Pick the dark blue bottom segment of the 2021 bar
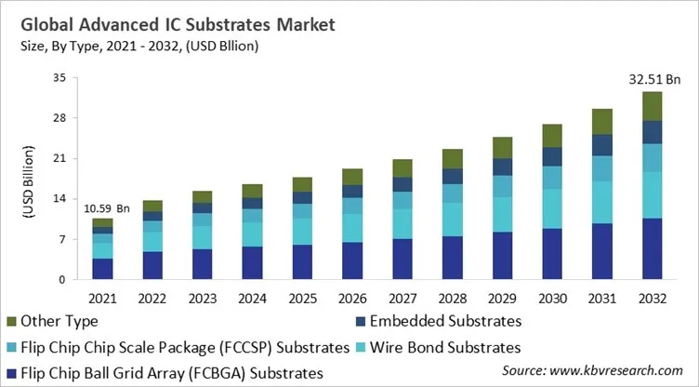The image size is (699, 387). coord(102,269)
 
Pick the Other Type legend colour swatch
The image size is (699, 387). coord(11,322)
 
